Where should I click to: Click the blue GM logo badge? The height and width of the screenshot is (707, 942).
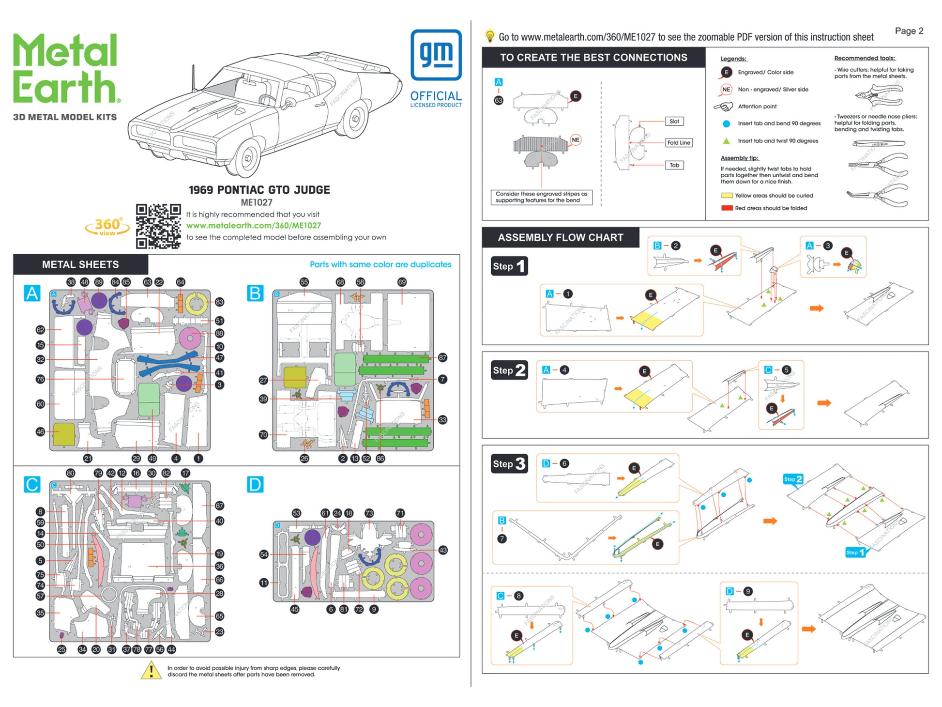(x=436, y=55)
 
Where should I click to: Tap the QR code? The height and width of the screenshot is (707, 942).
(x=158, y=226)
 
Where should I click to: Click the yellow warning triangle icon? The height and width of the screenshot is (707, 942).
(x=151, y=670)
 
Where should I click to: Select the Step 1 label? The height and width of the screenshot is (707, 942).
(x=509, y=266)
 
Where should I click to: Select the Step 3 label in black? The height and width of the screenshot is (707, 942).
(x=509, y=464)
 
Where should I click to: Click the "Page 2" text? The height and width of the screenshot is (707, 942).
(x=909, y=31)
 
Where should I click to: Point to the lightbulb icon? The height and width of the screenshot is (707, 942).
(x=490, y=36)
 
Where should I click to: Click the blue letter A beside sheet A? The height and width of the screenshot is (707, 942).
(x=32, y=293)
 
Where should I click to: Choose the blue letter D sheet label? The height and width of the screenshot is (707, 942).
(x=255, y=484)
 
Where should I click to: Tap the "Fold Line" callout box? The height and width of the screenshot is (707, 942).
(x=678, y=143)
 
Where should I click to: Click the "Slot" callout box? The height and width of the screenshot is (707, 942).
(x=674, y=122)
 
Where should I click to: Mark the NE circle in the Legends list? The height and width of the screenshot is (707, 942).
(x=726, y=90)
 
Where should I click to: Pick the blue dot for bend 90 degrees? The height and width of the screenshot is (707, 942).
(x=726, y=124)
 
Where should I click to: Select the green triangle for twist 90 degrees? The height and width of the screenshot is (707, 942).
(x=726, y=141)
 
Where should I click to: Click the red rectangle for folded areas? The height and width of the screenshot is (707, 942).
(x=727, y=208)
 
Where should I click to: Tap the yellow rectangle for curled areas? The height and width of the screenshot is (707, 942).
(x=727, y=196)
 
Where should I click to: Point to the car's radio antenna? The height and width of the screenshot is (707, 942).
(x=194, y=77)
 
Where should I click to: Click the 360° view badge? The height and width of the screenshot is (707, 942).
(x=107, y=227)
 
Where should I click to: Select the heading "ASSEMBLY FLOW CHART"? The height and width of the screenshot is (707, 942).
(x=560, y=238)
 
